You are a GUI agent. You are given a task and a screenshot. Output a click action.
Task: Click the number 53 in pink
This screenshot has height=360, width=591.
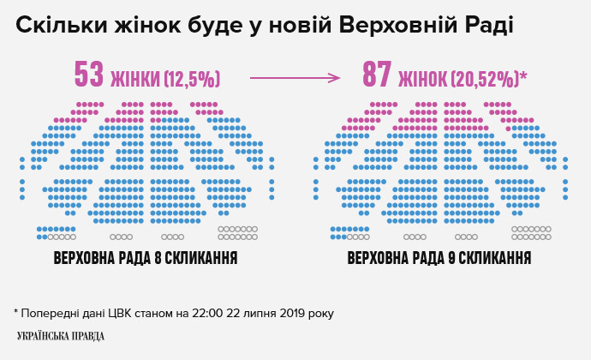[x=88, y=75]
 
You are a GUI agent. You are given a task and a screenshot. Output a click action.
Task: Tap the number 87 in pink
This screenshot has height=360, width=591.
[x=377, y=75]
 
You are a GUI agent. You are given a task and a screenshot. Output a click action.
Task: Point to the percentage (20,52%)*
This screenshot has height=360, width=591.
[x=487, y=79]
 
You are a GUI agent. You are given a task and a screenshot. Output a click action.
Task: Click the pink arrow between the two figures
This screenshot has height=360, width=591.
[x=294, y=78]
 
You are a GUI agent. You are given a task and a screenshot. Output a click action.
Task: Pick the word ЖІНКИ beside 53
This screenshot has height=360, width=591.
[x=135, y=79]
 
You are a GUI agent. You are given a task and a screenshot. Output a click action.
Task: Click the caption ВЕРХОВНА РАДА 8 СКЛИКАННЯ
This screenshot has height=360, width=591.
[x=145, y=258]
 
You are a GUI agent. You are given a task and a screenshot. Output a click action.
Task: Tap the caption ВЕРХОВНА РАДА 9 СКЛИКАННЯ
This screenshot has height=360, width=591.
[x=439, y=258]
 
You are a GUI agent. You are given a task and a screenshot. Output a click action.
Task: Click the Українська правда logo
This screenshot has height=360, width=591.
[x=60, y=336]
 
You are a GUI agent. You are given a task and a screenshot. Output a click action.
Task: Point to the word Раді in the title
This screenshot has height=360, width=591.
[x=487, y=26]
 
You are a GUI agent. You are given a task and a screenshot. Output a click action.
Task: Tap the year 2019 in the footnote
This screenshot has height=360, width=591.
[x=283, y=313]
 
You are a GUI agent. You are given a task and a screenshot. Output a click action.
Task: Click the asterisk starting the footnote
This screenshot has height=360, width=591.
[x=16, y=311]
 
